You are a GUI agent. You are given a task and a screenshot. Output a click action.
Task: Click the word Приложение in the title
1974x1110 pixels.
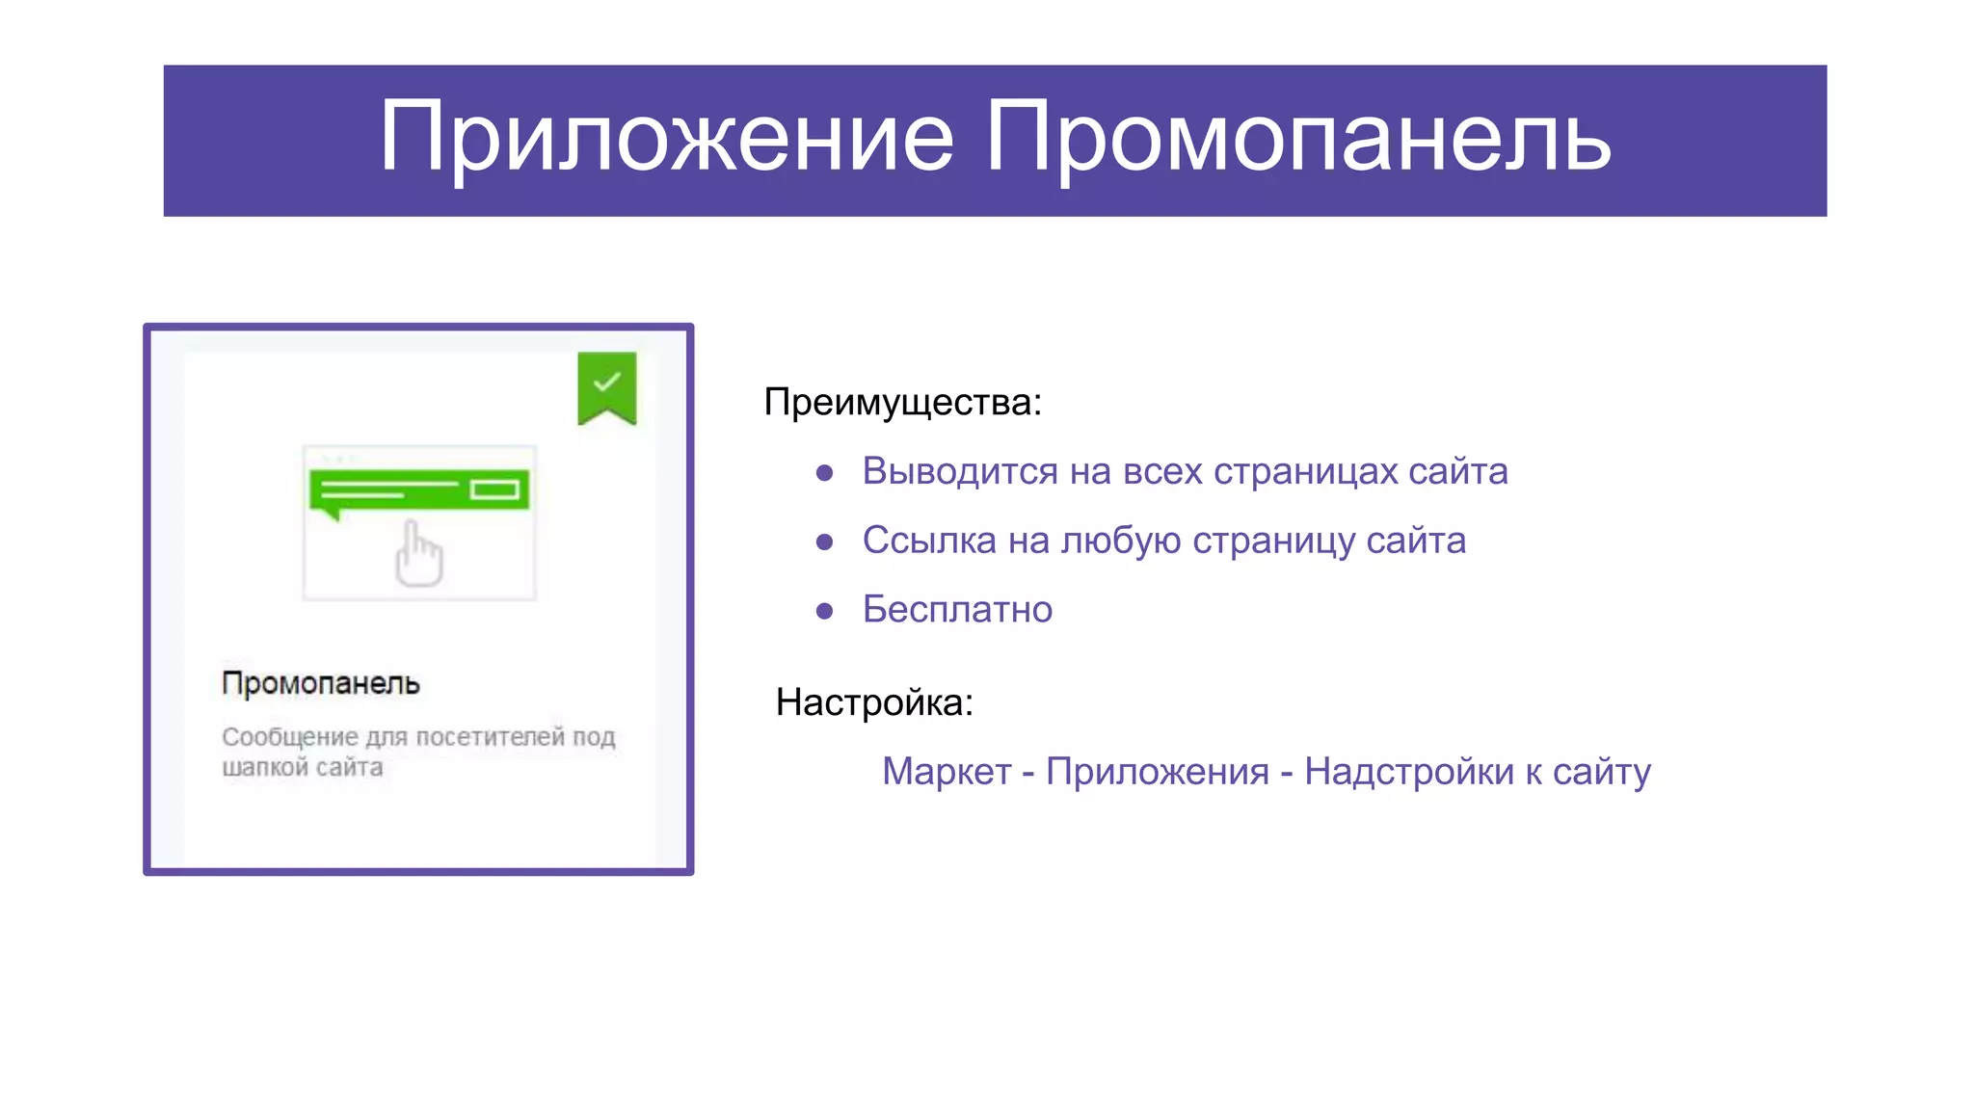(x=665, y=138)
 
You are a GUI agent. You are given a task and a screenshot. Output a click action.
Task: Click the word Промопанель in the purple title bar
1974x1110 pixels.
(x=1296, y=138)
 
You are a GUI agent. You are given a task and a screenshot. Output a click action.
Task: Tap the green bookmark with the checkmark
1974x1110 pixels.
(x=606, y=386)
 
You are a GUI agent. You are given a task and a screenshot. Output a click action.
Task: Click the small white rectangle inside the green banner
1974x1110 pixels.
(x=494, y=490)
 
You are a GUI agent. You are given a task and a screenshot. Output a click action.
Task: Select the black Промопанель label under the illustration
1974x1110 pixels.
(x=321, y=683)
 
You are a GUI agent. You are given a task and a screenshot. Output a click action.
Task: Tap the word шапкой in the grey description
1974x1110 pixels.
(x=264, y=768)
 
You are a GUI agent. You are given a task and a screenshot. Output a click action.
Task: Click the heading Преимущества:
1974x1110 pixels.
(x=902, y=402)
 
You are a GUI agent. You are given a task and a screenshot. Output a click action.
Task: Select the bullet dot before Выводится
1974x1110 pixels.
(x=824, y=472)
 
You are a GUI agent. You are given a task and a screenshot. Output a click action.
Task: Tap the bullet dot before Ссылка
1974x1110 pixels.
(x=824, y=542)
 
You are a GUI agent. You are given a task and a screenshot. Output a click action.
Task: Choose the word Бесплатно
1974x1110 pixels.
(x=957, y=610)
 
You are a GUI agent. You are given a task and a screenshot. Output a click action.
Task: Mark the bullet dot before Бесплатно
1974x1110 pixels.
(x=824, y=611)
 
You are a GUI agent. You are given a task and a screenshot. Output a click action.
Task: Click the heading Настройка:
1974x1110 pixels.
(x=874, y=702)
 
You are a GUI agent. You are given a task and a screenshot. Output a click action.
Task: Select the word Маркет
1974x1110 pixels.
(x=947, y=772)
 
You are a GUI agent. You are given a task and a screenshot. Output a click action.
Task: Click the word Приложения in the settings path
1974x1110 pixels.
(x=1157, y=772)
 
